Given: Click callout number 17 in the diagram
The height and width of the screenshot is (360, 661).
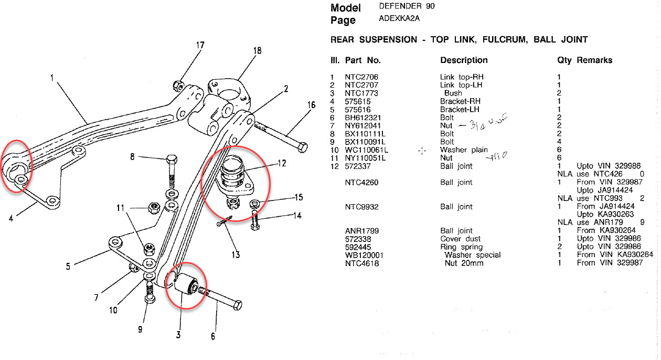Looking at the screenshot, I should (x=200, y=45).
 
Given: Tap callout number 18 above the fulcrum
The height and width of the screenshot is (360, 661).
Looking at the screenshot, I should (x=257, y=51).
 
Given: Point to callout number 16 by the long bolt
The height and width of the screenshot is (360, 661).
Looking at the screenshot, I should (x=312, y=105).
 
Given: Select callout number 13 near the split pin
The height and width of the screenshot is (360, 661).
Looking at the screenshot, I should (x=236, y=255).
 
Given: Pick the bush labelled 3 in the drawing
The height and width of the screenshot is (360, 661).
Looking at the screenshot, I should (x=187, y=284).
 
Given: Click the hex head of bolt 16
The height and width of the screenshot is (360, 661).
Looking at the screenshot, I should (x=302, y=146).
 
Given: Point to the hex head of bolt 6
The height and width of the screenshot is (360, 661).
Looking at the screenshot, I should (x=237, y=305).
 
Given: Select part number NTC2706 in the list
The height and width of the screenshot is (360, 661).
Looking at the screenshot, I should (x=361, y=77).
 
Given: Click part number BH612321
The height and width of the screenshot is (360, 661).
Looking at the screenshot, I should (x=363, y=118).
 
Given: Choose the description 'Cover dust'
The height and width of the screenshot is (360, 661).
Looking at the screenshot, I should (x=460, y=239).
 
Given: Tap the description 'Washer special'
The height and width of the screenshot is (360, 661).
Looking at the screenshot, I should (x=473, y=255).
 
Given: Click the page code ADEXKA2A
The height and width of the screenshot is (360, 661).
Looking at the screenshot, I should (x=399, y=19).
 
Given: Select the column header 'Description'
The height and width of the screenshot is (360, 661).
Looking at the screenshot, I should (x=464, y=60).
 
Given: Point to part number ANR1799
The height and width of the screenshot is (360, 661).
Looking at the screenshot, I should (x=362, y=231).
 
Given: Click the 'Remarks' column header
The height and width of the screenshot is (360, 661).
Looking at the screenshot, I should (x=594, y=60).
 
